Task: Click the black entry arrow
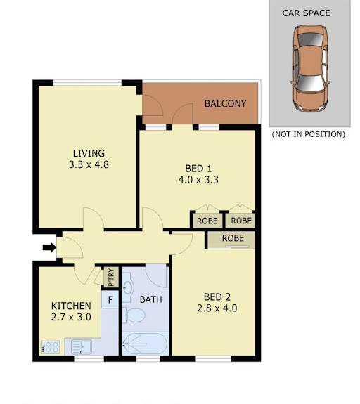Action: pyautogui.click(x=49, y=247)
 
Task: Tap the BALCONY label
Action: pyautogui.click(x=225, y=103)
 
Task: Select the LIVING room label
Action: pyautogui.click(x=89, y=153)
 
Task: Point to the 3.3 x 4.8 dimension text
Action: pyautogui.click(x=89, y=164)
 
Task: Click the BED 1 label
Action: pyautogui.click(x=198, y=169)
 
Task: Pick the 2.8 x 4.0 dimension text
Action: pyautogui.click(x=217, y=308)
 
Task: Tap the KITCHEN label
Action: pyautogui.click(x=71, y=306)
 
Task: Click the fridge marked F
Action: pyautogui.click(x=110, y=299)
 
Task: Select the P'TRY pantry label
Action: pyautogui.click(x=111, y=278)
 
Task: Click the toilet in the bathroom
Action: pyautogui.click(x=134, y=315)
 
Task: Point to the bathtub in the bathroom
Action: pyautogui.click(x=145, y=344)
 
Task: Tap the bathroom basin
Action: pyautogui.click(x=127, y=286)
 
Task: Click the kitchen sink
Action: pyautogui.click(x=82, y=347)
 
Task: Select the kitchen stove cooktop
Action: pyautogui.click(x=51, y=347)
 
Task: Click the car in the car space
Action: pyautogui.click(x=311, y=69)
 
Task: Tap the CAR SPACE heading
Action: pyautogui.click(x=306, y=13)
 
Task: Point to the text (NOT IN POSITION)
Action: pyautogui.click(x=309, y=134)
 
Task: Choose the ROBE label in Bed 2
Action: pyautogui.click(x=233, y=238)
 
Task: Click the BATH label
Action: pyautogui.click(x=151, y=299)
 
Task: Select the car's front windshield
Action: pyautogui.click(x=310, y=84)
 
